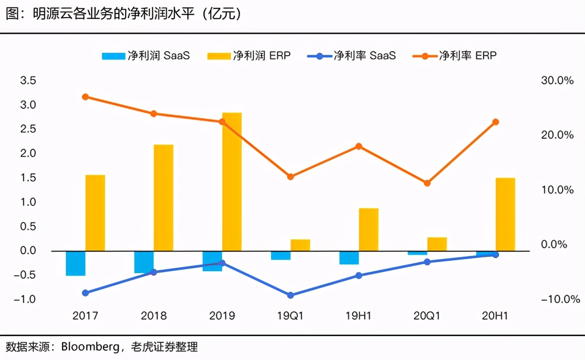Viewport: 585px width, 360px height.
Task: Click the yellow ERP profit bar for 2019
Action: pos(232,181)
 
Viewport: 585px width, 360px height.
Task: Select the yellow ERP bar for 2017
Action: pos(95,213)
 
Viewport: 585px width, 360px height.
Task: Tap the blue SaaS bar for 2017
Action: pos(76,263)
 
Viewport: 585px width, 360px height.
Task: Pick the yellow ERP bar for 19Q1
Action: pos(300,245)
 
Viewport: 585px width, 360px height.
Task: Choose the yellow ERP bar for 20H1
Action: pos(506,215)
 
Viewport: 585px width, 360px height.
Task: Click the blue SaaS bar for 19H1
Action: pos(349,258)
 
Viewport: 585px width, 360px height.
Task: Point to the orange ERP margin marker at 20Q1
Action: pos(427,183)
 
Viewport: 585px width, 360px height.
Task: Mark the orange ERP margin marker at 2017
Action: pos(85,97)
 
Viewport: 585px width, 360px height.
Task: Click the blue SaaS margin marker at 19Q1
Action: pos(291,295)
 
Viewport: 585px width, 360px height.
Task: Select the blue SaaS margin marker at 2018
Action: pos(154,272)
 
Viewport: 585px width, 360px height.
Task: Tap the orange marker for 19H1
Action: pos(359,146)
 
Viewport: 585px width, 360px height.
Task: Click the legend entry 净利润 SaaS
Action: pos(146,55)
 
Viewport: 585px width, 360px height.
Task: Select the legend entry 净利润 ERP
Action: pos(249,55)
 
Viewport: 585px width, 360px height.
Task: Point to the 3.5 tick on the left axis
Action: pos(28,80)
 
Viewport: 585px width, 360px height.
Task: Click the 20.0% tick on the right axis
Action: pos(557,135)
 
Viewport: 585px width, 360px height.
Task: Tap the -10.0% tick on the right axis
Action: pos(557,299)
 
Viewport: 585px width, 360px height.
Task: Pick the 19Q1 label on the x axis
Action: pos(291,316)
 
